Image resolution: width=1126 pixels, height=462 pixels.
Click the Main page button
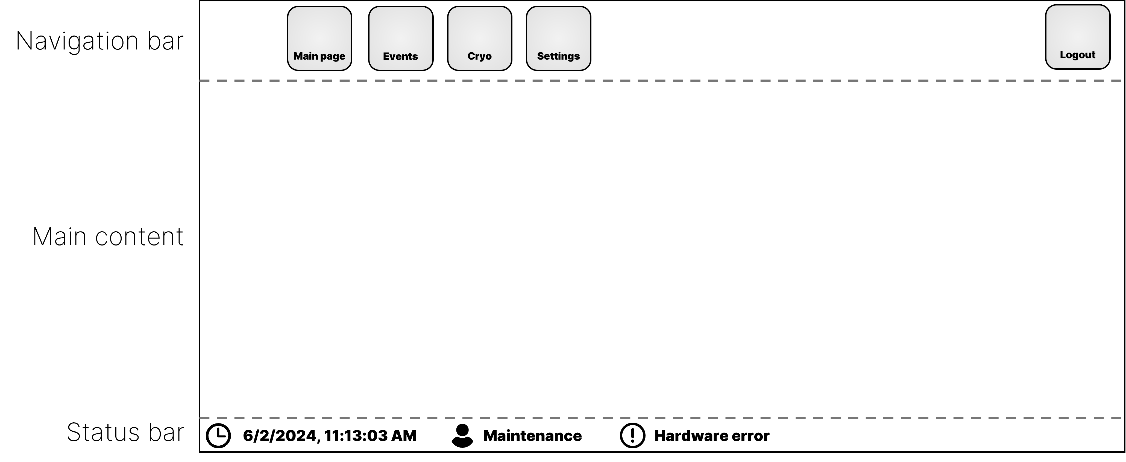(x=319, y=39)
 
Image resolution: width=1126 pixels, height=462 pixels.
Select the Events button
(x=401, y=39)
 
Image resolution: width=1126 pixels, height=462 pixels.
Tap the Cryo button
(x=480, y=39)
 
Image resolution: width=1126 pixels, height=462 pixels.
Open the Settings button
(x=559, y=39)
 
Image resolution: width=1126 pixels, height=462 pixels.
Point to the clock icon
(x=218, y=436)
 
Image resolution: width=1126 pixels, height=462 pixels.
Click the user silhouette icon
(x=462, y=436)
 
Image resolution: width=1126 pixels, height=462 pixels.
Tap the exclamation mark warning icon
(x=632, y=436)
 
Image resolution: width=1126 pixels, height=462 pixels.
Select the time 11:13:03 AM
(x=371, y=436)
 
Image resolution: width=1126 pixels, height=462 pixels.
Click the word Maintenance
(x=532, y=436)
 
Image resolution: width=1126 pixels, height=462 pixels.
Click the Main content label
(x=108, y=237)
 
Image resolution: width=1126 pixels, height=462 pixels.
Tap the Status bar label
(x=125, y=433)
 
